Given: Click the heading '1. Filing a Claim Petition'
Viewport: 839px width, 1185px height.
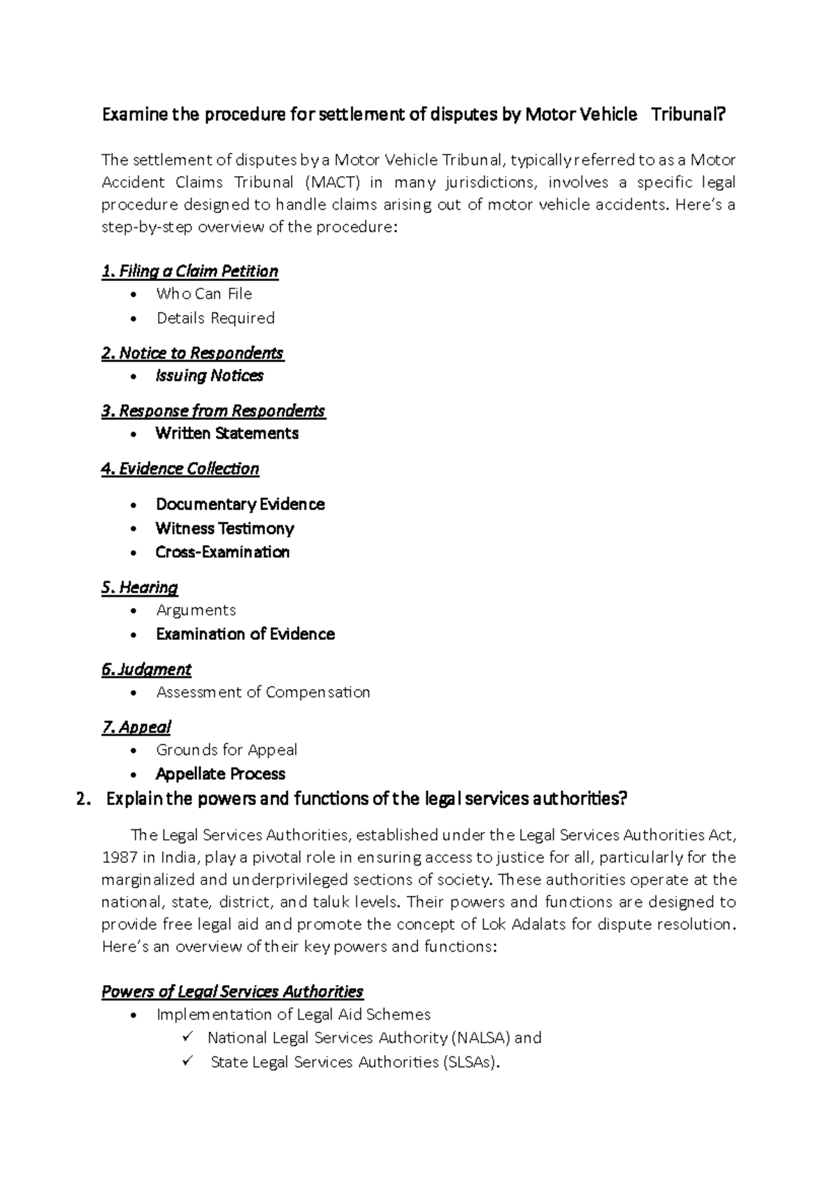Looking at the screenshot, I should pyautogui.click(x=189, y=271).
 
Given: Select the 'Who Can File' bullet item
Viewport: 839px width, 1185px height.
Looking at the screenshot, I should pyautogui.click(x=204, y=294).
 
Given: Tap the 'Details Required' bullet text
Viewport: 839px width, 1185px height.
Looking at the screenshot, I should pyautogui.click(x=215, y=318).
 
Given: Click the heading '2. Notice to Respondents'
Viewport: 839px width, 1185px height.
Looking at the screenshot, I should pyautogui.click(x=192, y=353).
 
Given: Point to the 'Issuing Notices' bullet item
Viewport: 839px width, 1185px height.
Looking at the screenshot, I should pyautogui.click(x=209, y=376).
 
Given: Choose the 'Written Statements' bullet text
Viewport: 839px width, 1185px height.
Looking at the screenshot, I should pyautogui.click(x=227, y=433).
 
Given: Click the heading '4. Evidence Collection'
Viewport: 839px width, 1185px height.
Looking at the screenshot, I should pyautogui.click(x=180, y=469).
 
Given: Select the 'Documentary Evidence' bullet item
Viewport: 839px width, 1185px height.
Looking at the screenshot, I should pyautogui.click(x=240, y=504).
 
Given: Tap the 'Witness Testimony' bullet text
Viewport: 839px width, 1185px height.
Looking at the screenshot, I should pyautogui.click(x=224, y=528).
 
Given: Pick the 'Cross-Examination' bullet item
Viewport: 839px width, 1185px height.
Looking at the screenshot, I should pyautogui.click(x=222, y=552).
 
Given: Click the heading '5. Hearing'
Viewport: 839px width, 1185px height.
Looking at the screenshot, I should pyautogui.click(x=139, y=588).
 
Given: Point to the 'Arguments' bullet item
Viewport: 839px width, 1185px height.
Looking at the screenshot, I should pyautogui.click(x=196, y=610).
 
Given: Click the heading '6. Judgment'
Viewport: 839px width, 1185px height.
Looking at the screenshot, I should pyautogui.click(x=146, y=669).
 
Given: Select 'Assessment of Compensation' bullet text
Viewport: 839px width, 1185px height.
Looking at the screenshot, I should pyautogui.click(x=263, y=692).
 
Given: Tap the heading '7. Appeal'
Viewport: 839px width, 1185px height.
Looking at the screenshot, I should pyautogui.click(x=136, y=727).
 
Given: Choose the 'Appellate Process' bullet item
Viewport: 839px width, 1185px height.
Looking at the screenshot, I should pyautogui.click(x=220, y=774).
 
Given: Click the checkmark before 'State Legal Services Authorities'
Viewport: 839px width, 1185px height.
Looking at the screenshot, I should pyautogui.click(x=187, y=1061).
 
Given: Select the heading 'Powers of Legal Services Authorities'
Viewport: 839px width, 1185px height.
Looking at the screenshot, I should pyautogui.click(x=232, y=991).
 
